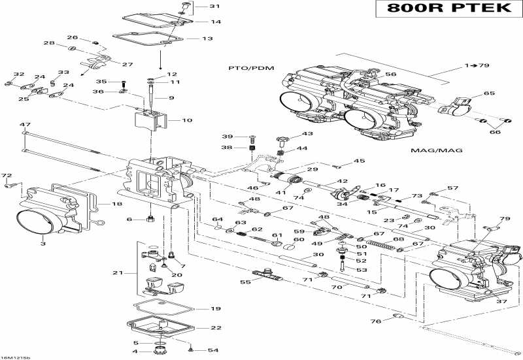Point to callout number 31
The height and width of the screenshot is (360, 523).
pyautogui.click(x=215, y=7)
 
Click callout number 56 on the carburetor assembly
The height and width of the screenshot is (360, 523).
pyautogui.click(x=391, y=74)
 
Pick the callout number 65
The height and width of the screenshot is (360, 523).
pyautogui.click(x=489, y=93)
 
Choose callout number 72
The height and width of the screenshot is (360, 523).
pyautogui.click(x=7, y=176)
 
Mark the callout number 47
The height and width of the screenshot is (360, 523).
pyautogui.click(x=25, y=124)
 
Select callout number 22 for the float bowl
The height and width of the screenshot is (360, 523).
pyautogui.click(x=215, y=327)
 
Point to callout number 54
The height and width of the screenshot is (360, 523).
pyautogui.click(x=213, y=350)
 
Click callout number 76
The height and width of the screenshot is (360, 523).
pyautogui.click(x=375, y=321)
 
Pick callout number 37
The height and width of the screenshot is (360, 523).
pyautogui.click(x=501, y=301)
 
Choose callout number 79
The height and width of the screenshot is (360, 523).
pyautogui.click(x=505, y=219)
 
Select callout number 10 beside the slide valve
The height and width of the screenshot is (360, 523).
pyautogui.click(x=187, y=120)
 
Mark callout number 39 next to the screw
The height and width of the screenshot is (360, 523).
pyautogui.click(x=227, y=136)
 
